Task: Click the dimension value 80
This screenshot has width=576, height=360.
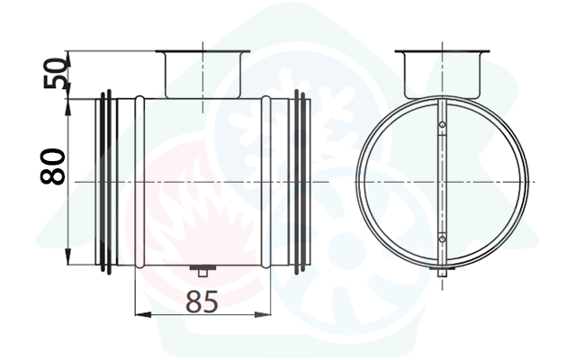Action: pos(52,166)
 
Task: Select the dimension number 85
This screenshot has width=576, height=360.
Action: pos(202,302)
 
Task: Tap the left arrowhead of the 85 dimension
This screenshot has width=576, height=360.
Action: pos(143,314)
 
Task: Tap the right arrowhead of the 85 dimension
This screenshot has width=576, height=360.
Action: pos(263,314)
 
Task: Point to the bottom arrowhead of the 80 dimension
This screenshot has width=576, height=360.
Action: pos(68,256)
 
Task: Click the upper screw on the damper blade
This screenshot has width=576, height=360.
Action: pos(442,125)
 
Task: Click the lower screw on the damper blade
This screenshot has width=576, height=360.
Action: pos(442,239)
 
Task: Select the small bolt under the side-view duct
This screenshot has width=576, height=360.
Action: pos(202,271)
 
